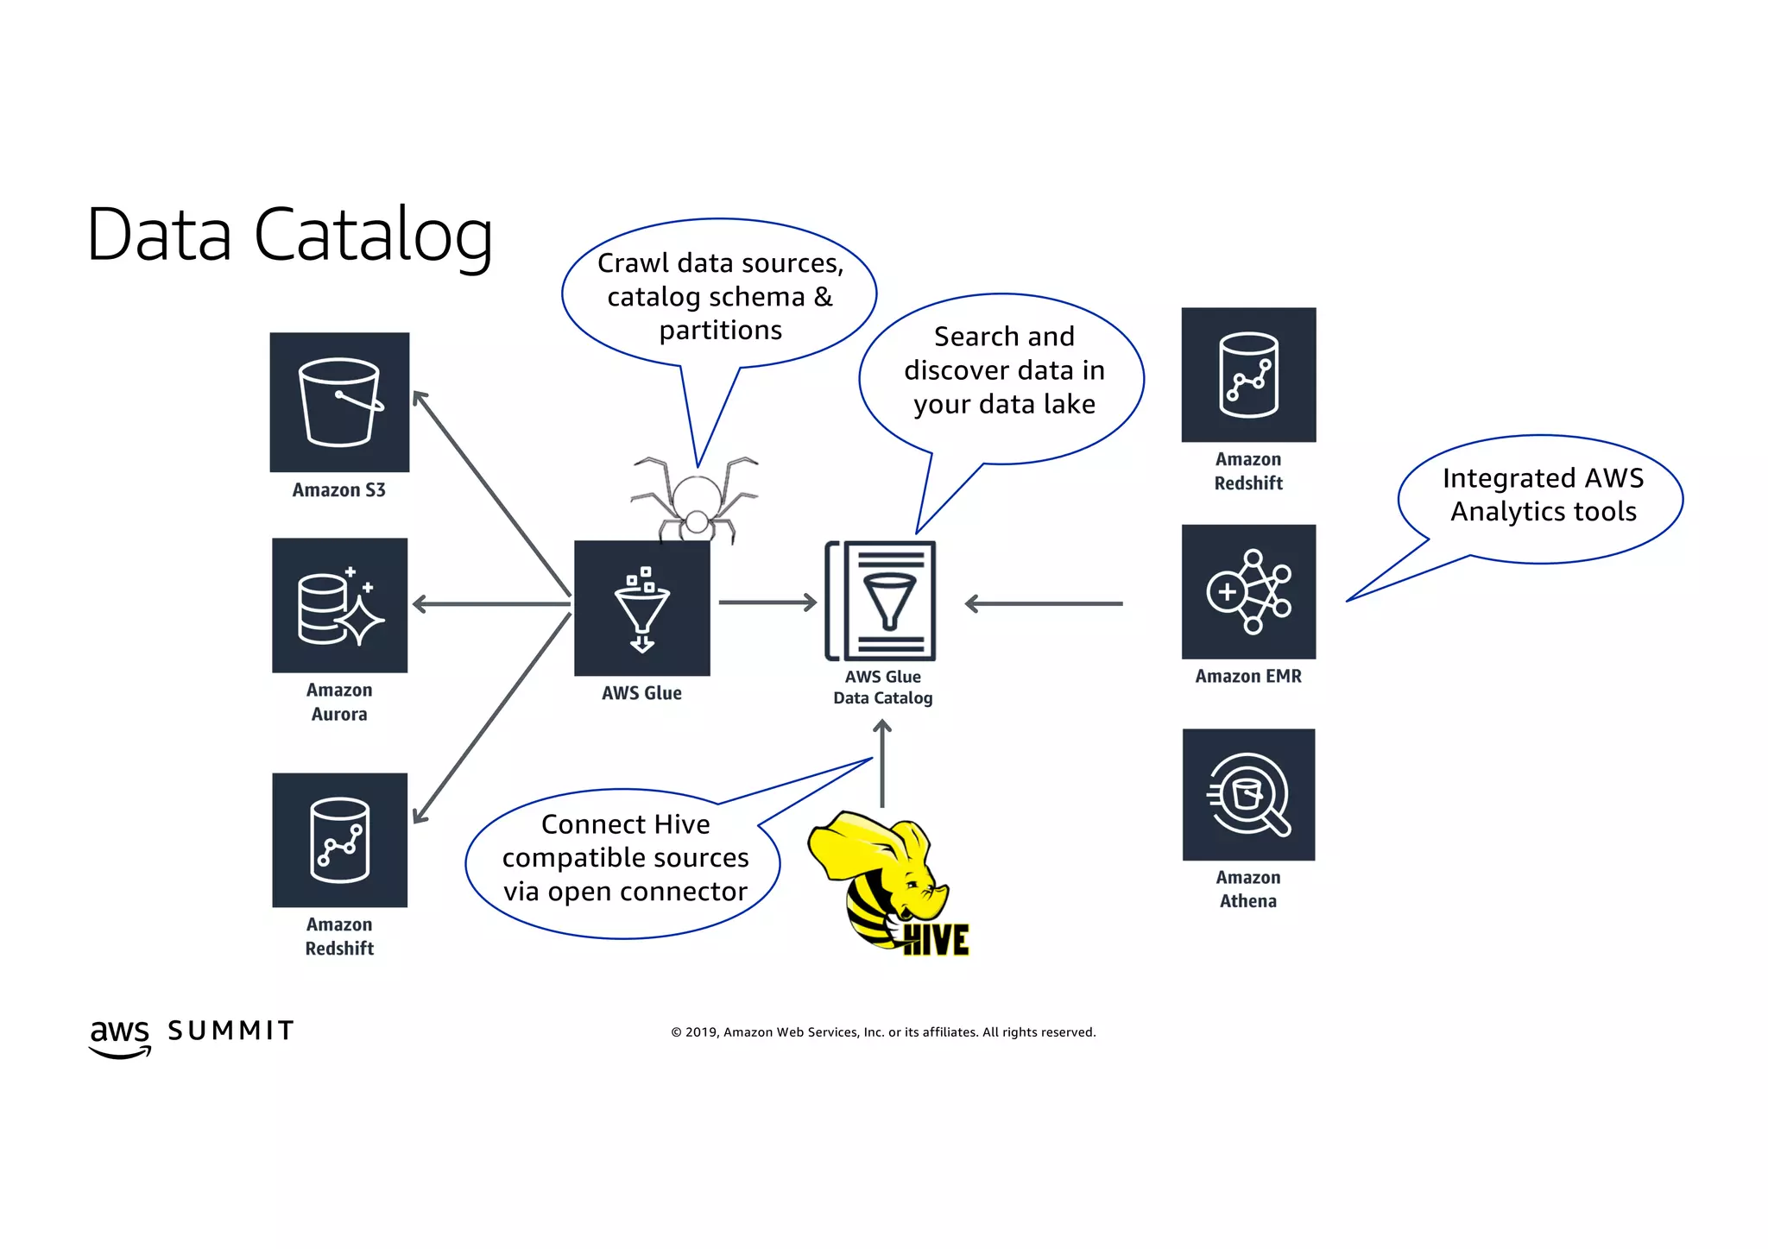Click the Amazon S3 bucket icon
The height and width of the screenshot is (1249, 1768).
point(339,402)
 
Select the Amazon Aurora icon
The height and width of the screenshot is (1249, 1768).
point(339,605)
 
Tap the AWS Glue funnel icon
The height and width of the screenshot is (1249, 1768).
point(641,608)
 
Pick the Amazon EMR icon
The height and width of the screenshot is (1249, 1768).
point(1248,592)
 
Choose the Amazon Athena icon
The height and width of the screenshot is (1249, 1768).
point(1248,794)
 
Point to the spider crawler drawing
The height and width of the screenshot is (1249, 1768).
point(696,501)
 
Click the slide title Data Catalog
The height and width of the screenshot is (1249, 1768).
point(290,234)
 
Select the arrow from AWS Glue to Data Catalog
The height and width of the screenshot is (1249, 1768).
point(767,602)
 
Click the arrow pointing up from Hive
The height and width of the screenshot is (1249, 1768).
point(881,763)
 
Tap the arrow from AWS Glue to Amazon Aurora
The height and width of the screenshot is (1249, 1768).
point(491,604)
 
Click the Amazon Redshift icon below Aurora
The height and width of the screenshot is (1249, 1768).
point(339,840)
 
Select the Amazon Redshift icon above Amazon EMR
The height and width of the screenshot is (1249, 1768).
point(1248,375)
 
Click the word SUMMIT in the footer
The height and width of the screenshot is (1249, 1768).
point(230,1031)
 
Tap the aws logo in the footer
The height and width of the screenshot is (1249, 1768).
point(120,1036)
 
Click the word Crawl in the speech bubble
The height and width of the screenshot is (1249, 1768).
point(631,263)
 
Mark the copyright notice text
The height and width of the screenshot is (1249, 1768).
point(883,1032)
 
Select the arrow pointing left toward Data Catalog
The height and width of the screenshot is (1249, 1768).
point(1044,604)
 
